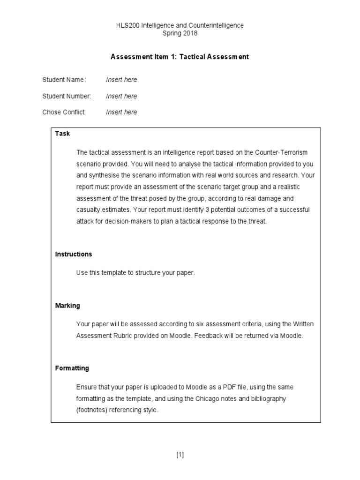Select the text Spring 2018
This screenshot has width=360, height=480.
click(x=180, y=33)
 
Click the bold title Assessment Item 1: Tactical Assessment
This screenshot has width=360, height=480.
click(x=180, y=57)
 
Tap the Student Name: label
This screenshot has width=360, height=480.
click(x=64, y=80)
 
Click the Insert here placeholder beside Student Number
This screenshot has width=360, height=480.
click(x=121, y=96)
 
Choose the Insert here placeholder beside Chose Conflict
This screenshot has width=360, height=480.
click(x=121, y=112)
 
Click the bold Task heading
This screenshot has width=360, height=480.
click(x=62, y=134)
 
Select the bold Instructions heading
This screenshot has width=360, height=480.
click(x=74, y=254)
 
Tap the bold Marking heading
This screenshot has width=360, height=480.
click(x=67, y=306)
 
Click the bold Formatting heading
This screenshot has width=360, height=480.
click(x=72, y=368)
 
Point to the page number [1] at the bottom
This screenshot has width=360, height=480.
click(x=180, y=455)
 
